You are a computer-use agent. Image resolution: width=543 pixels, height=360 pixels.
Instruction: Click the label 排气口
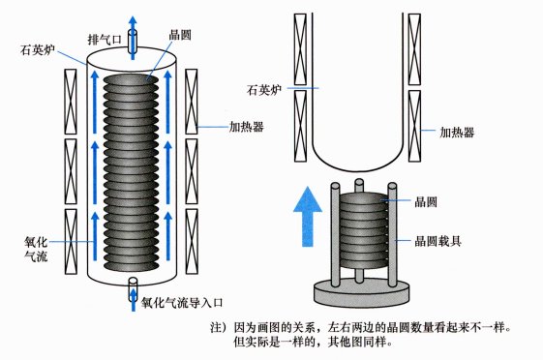(105, 40)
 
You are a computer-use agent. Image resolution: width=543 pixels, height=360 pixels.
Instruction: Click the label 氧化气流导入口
(182, 303)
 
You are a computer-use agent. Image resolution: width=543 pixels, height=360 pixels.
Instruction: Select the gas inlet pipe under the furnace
(133, 288)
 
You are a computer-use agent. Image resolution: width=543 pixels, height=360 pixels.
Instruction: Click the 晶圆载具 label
(437, 241)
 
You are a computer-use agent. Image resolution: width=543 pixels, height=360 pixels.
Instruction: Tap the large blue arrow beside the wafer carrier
(308, 217)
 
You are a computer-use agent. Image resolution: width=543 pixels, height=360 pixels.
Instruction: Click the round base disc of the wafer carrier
(362, 293)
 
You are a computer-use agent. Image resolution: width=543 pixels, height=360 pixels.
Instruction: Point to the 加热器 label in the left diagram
(247, 127)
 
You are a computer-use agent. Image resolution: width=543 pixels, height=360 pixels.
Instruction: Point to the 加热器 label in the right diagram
(457, 132)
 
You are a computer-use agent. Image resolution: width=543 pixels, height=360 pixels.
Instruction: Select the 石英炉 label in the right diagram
(264, 90)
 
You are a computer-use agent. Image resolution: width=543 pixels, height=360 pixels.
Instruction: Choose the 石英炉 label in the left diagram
(38, 50)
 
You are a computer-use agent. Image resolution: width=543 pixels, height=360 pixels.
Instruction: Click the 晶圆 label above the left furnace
(180, 35)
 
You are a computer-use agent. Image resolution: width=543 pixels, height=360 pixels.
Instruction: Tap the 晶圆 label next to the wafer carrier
(426, 202)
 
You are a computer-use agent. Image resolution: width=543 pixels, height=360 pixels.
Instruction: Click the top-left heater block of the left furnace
(71, 102)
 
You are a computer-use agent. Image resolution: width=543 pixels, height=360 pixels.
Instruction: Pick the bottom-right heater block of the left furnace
(192, 241)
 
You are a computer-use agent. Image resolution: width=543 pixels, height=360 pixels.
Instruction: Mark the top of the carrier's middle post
(359, 181)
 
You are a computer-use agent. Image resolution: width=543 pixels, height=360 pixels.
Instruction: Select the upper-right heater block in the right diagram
(414, 49)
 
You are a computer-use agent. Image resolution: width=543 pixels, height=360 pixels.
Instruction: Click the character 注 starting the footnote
(217, 327)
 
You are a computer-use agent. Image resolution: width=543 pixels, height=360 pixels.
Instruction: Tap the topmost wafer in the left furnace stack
(131, 79)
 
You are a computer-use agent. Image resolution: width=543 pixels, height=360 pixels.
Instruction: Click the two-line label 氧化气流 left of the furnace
(36, 250)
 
